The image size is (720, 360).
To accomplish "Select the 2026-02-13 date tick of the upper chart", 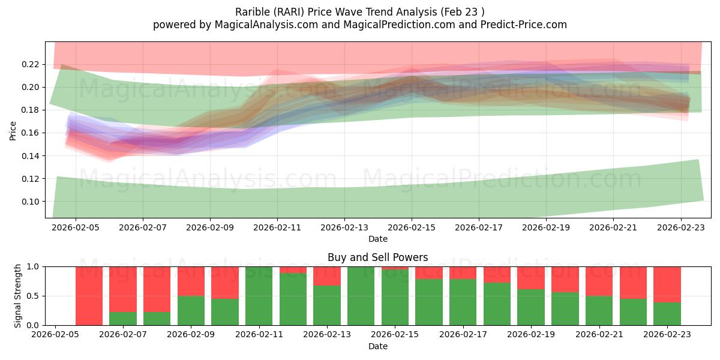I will [x=344, y=228].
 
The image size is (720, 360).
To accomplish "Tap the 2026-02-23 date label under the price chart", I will [x=680, y=228].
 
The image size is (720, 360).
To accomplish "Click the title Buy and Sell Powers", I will [x=377, y=257].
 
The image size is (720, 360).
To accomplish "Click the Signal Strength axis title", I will [x=18, y=295].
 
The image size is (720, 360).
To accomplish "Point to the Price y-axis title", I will [x=13, y=130].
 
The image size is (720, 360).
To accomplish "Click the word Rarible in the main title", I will [x=254, y=11].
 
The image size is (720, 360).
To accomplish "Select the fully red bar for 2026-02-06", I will [x=89, y=296].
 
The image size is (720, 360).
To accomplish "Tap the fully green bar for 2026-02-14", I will [x=361, y=296].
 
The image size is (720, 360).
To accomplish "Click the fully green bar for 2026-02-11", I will [x=259, y=296].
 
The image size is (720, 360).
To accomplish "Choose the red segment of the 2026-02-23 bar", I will [x=667, y=284].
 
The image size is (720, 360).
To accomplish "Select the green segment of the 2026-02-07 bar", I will [x=123, y=319].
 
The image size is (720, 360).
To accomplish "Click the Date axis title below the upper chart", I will [x=377, y=239].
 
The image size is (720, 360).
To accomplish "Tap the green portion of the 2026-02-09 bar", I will [x=191, y=311].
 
